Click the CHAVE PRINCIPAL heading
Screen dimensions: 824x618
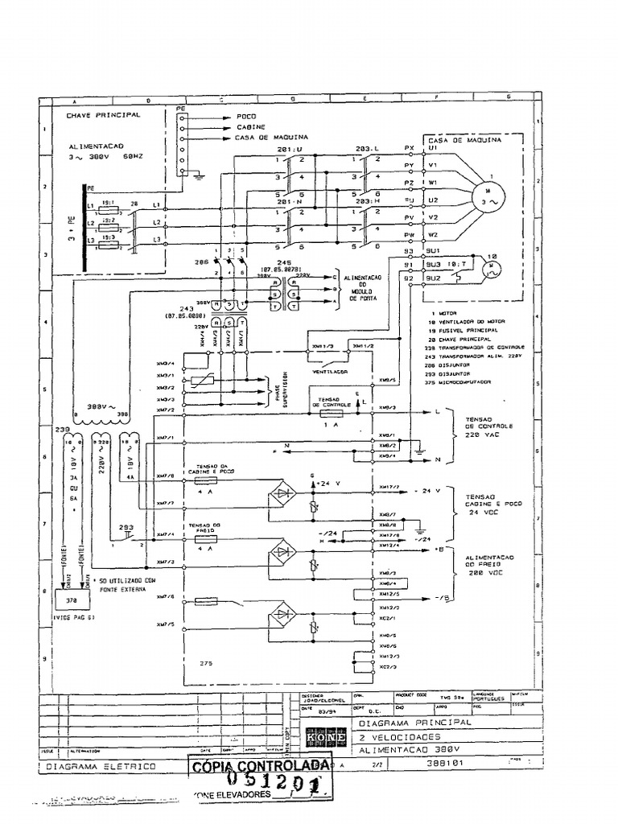click(x=103, y=115)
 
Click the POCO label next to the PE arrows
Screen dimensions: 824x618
click(x=245, y=117)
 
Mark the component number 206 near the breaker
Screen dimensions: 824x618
click(x=200, y=262)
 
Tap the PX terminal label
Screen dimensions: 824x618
click(x=409, y=148)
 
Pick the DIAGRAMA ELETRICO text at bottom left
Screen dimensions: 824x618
click(x=112, y=767)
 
